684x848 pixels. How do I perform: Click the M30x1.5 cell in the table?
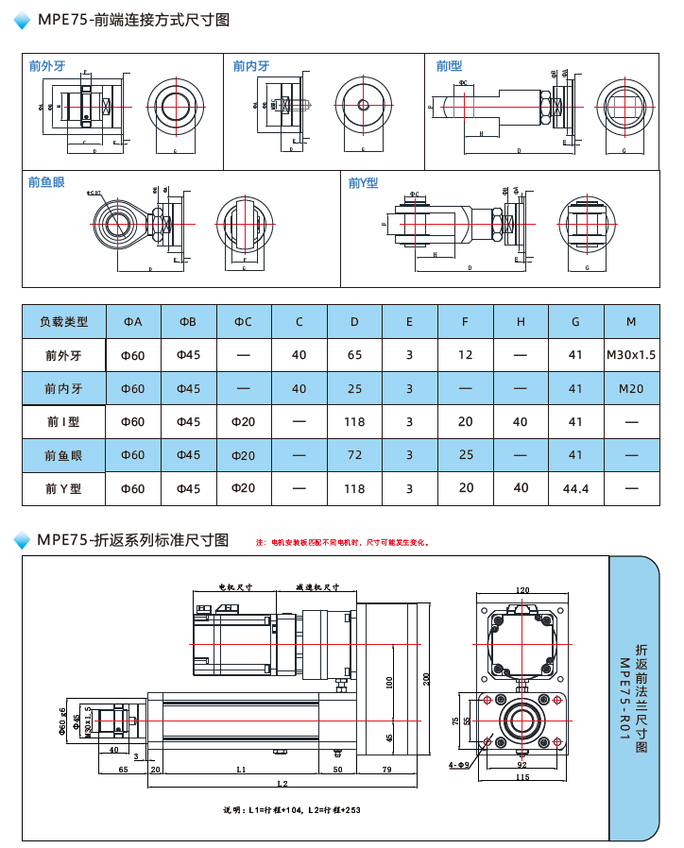[631, 355]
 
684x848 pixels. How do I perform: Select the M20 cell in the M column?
[631, 388]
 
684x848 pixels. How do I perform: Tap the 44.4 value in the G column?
[575, 489]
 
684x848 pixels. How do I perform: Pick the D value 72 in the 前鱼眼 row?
[354, 455]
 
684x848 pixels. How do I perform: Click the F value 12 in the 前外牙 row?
[465, 355]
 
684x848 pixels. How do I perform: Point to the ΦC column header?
[244, 322]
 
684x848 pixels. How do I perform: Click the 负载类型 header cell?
[63, 322]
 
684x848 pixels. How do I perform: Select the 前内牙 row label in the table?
[63, 388]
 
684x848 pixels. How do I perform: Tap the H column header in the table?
[521, 322]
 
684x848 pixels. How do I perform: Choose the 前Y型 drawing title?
[363, 183]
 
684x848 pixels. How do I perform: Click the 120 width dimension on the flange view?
[522, 590]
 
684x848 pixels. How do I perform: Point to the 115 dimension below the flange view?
[522, 777]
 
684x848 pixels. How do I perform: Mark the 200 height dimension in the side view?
[427, 679]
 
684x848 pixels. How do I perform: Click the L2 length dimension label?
[282, 785]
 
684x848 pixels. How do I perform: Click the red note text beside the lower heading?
[344, 543]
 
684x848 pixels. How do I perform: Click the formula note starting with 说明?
[292, 810]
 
